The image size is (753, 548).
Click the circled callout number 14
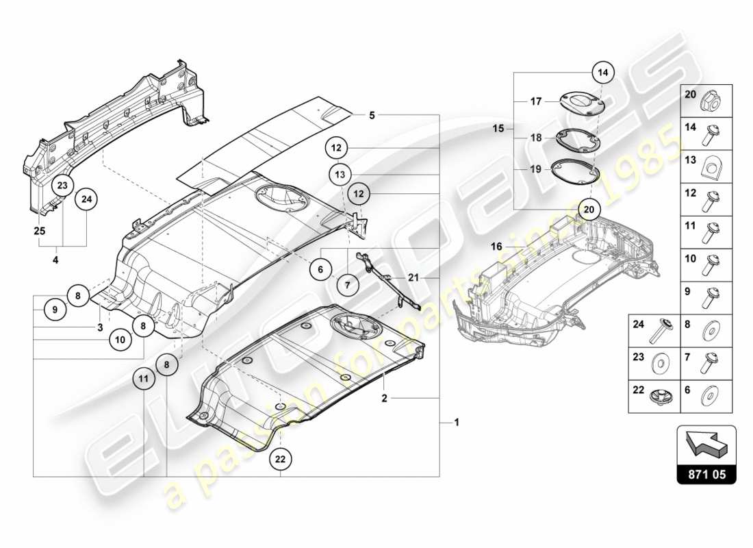point(602,71)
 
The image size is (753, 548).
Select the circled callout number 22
point(280,460)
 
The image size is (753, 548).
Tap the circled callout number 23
point(62,185)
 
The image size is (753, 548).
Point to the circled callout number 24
point(87,199)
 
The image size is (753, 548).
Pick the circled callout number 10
point(120,338)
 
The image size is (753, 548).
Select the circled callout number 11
point(144,378)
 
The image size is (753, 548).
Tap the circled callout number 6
point(320,270)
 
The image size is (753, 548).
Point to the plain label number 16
point(497,245)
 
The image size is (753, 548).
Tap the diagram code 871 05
point(706,472)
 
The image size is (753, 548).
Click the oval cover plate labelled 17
point(580,101)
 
